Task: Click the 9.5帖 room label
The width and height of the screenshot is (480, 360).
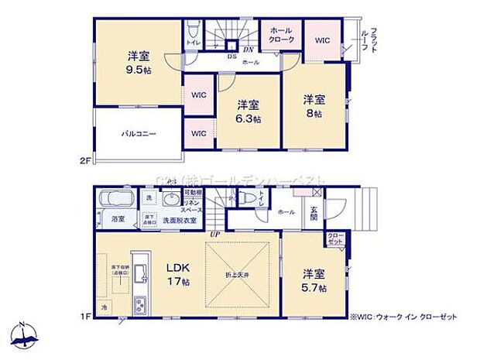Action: tap(139, 61)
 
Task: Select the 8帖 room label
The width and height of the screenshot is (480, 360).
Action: tap(314, 106)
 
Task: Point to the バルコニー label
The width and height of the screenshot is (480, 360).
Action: tap(139, 133)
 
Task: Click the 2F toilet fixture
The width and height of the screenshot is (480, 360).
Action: tap(191, 31)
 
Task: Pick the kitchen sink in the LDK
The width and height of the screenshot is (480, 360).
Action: tap(139, 275)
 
